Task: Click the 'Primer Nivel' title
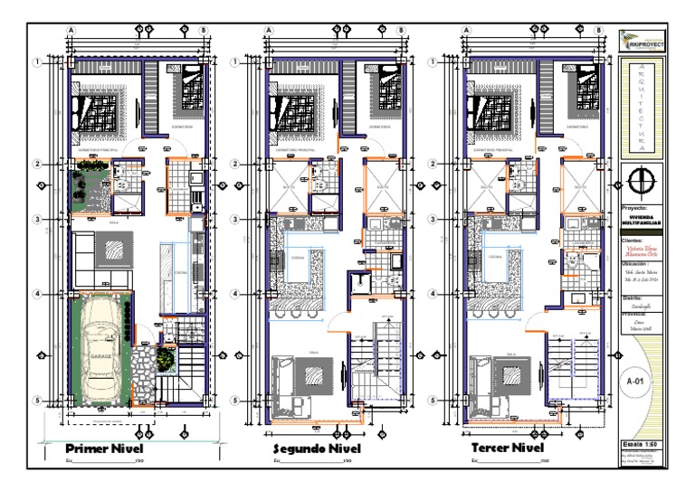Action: click(103, 449)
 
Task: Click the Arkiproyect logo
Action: click(641, 41)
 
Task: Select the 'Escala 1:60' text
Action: click(641, 444)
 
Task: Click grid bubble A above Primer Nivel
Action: click(70, 30)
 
